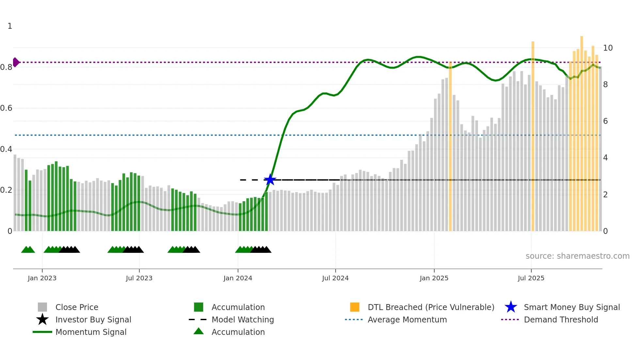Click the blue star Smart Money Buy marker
pos(270,180)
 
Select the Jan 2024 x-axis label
pos(238,278)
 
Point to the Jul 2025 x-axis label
pos(531,278)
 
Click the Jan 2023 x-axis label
pos(42,278)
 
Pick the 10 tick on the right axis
pos(608,48)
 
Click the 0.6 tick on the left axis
pos(6,108)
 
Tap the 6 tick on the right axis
pos(605,121)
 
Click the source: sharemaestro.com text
pos(577,256)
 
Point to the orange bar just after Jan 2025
pos(450,147)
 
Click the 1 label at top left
pos(10,26)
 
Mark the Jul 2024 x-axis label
pos(335,278)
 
